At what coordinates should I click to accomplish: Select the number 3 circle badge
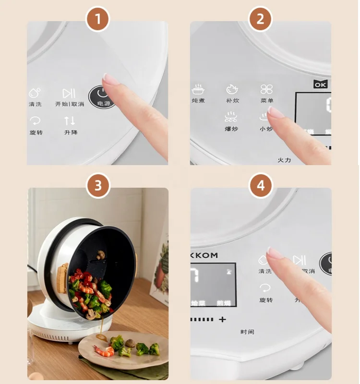[98, 186]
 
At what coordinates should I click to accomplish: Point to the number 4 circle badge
[260, 186]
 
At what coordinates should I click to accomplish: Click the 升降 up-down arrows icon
[70, 120]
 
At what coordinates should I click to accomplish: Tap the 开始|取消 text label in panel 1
[70, 104]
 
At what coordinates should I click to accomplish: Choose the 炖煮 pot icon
[198, 90]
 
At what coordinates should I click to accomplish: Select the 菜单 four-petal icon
[267, 89]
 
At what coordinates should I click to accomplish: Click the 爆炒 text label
[231, 129]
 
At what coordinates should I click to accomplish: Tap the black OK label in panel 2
[321, 84]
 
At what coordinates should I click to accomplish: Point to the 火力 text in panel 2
[284, 159]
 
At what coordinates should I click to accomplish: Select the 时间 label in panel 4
[247, 332]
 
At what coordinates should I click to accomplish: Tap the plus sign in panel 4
[222, 319]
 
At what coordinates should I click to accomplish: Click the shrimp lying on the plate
[104, 351]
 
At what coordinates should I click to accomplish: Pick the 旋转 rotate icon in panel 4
[265, 288]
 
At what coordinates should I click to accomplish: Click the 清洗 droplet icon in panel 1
[36, 92]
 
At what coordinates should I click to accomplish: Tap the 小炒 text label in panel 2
[266, 129]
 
